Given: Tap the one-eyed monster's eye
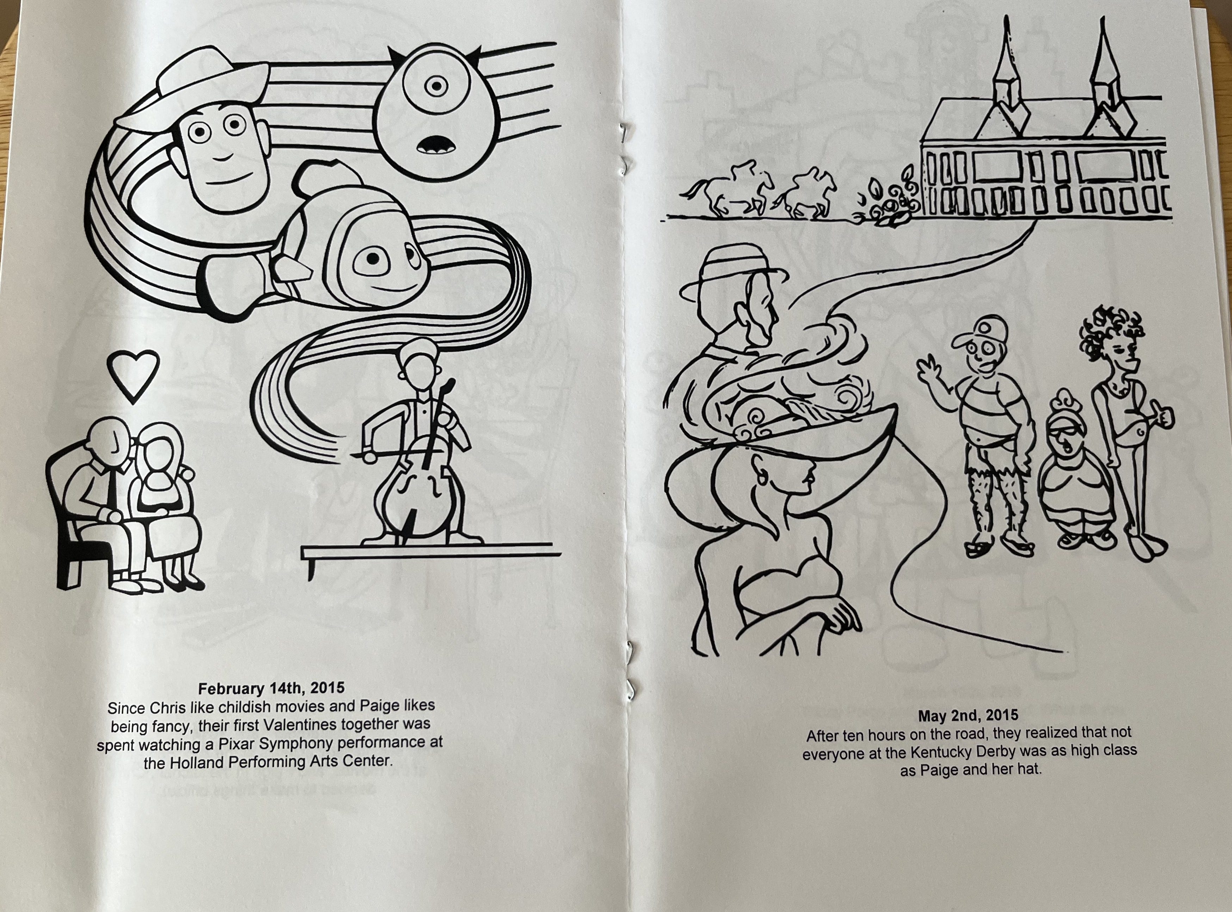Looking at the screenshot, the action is point(437,86).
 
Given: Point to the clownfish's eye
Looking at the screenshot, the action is point(374,258).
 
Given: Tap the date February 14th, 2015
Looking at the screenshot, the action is point(271,688).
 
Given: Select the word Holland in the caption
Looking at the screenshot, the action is point(200,762).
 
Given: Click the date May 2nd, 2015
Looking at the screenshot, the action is point(968,715).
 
